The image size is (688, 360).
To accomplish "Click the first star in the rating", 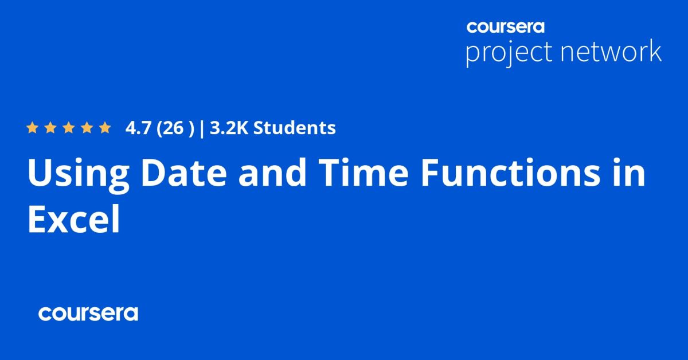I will [x=32, y=128].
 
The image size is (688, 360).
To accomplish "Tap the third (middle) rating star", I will [x=68, y=128].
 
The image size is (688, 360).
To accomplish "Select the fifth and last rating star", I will [x=104, y=128].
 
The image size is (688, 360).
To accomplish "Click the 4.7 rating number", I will [x=136, y=128].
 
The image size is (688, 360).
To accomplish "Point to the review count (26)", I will [x=173, y=128].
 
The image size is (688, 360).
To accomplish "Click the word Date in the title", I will [x=174, y=174].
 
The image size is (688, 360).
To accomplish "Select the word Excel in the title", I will [x=73, y=220].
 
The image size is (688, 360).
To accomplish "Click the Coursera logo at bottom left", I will [x=88, y=314].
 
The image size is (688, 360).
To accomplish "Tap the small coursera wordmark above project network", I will [x=505, y=26].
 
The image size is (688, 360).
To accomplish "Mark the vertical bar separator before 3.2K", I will [x=202, y=128].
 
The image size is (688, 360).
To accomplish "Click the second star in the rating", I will [x=50, y=128].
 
